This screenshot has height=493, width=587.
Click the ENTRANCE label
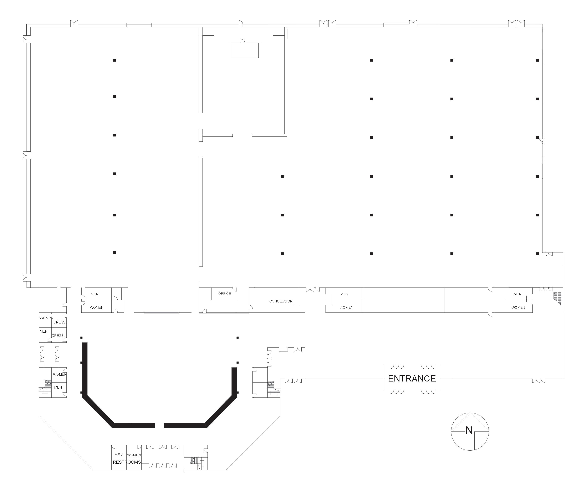pos(412,378)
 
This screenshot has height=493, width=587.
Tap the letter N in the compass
pos(469,430)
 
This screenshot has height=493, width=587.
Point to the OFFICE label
pos(225,294)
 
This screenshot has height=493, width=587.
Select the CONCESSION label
pos(281,301)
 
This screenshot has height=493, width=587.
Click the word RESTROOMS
pos(127,462)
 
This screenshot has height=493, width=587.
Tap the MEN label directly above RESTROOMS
pos(118,455)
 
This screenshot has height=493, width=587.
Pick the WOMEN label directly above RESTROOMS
pos(134,455)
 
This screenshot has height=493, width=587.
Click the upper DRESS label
pos(59,322)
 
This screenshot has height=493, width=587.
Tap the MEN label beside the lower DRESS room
pos(44,331)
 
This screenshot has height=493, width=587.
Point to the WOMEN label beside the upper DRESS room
pos(46,318)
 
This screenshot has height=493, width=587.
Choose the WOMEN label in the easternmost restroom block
pos(518,307)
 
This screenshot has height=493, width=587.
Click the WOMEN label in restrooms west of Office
pos(97,307)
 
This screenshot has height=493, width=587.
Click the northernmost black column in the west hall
pos(114,60)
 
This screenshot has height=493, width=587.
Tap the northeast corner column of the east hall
pos(537,60)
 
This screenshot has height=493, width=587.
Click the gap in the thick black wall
pos(159,425)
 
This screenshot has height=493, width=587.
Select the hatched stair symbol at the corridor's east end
pos(558,298)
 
